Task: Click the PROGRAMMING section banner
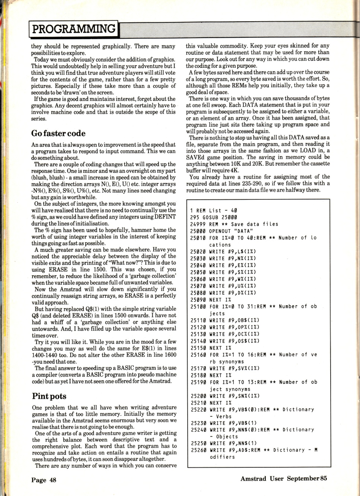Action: (73, 29)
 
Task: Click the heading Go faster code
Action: (58, 133)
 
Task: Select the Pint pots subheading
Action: (49, 396)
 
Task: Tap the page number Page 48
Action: (44, 480)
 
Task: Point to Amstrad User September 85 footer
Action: (284, 478)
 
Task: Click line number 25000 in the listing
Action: (198, 231)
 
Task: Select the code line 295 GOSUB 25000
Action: (213, 217)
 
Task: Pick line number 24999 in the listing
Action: (198, 224)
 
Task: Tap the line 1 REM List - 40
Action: (214, 211)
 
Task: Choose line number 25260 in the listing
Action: (198, 450)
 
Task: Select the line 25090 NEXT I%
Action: (211, 300)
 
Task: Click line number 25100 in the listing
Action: (198, 307)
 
